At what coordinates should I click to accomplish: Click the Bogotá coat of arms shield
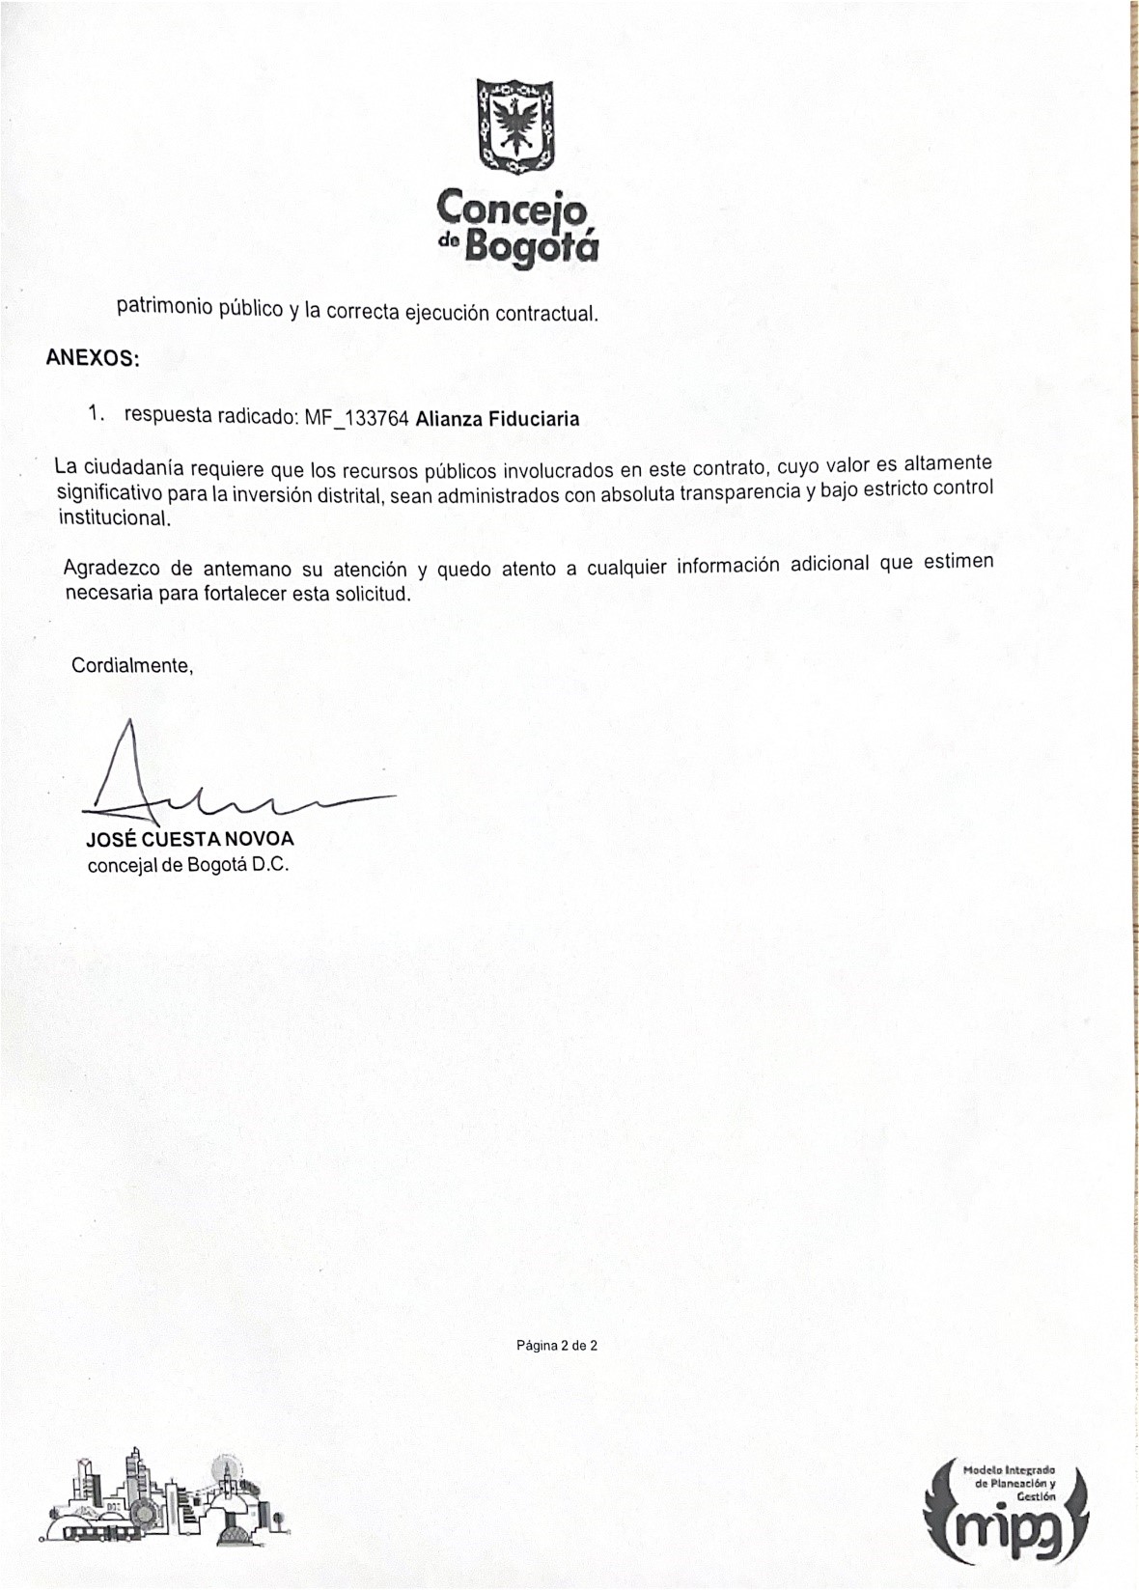pyautogui.click(x=516, y=126)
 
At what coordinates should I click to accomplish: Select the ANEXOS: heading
pyautogui.click(x=93, y=358)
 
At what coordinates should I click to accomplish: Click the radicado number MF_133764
pyautogui.click(x=357, y=418)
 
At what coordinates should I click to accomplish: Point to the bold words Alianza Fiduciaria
pyautogui.click(x=497, y=419)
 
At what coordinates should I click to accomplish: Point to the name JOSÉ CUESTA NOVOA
pyautogui.click(x=190, y=839)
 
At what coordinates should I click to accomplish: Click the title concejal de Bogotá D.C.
pyautogui.click(x=188, y=865)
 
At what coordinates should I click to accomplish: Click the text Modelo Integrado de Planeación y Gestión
pyautogui.click(x=1010, y=1483)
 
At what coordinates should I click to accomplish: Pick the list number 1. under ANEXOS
pyautogui.click(x=95, y=414)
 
